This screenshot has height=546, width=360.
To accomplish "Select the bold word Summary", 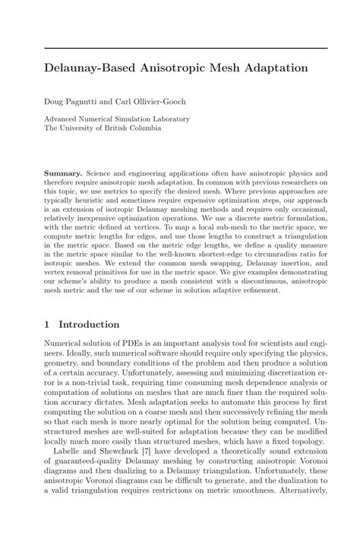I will click(x=64, y=173).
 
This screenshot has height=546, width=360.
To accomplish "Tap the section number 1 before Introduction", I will click(x=48, y=323).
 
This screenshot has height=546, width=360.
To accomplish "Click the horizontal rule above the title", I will click(x=186, y=49).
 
